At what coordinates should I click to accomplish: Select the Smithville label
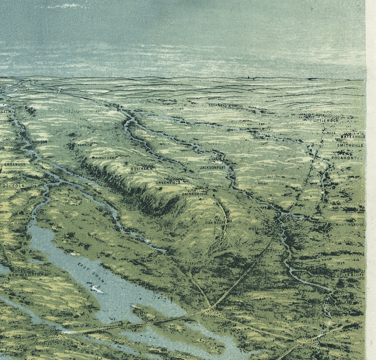click(351, 146)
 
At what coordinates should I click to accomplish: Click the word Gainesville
click(195, 193)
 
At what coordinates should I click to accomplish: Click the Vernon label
click(85, 144)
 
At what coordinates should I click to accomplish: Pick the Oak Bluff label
click(214, 222)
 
